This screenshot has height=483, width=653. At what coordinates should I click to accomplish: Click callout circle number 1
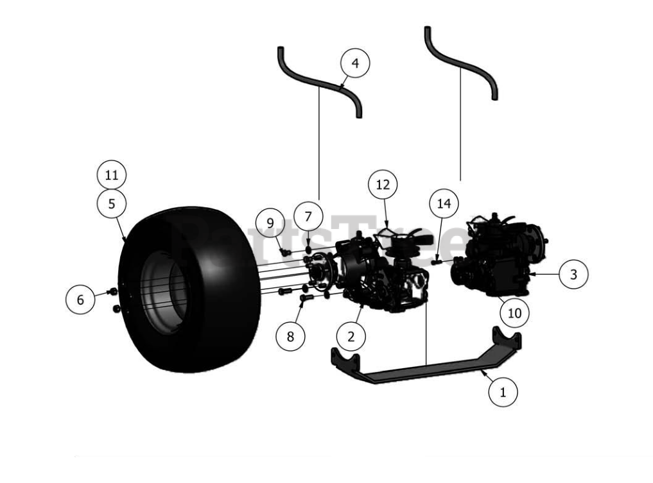(x=503, y=391)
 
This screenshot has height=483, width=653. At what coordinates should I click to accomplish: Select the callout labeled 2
(x=351, y=335)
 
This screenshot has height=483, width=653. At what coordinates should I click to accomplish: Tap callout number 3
(x=573, y=274)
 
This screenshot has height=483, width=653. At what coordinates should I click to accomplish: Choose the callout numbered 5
(x=112, y=204)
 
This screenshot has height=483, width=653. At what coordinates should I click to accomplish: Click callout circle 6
(x=80, y=299)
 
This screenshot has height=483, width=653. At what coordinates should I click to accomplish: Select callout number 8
(x=291, y=336)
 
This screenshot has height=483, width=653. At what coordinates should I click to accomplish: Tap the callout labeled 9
(x=270, y=223)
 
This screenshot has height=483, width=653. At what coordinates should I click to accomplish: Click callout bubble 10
(x=515, y=313)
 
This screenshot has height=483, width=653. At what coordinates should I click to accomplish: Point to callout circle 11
(x=112, y=174)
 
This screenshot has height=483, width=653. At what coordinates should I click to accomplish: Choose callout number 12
(x=383, y=185)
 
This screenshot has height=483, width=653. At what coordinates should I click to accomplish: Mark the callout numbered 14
(x=444, y=204)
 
